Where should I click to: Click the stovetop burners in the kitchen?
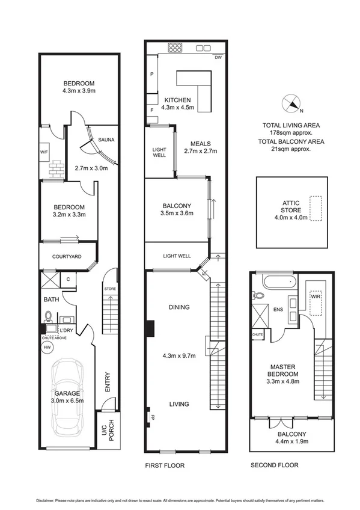click(175, 46)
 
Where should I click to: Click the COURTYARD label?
click(67, 257)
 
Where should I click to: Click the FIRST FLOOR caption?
click(165, 465)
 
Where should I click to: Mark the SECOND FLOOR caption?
click(274, 465)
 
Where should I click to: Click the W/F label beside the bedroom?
click(44, 152)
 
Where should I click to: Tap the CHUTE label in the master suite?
click(258, 334)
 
